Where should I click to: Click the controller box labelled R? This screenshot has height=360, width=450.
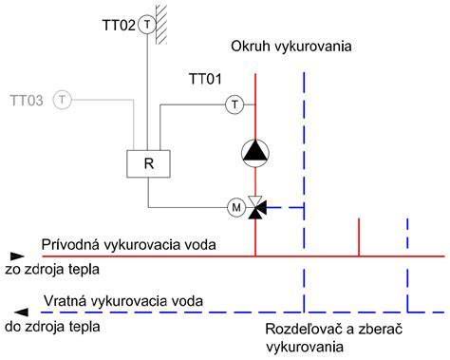[x=148, y=163]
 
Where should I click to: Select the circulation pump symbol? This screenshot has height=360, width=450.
[x=255, y=153]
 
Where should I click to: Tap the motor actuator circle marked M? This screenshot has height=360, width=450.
[x=236, y=207]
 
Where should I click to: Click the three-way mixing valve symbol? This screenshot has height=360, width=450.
[x=256, y=208]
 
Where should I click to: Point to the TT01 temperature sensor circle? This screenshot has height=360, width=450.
[x=234, y=104]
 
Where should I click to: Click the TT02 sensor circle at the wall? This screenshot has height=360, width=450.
[x=147, y=25]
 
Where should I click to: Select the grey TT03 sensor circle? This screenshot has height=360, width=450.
[x=63, y=100]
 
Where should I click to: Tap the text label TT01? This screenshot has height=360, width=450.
[x=205, y=79]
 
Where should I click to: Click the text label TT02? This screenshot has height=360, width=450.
[x=119, y=25]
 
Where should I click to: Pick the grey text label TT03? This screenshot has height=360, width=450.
[x=27, y=101]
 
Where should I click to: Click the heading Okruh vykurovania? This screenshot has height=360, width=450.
[x=291, y=47]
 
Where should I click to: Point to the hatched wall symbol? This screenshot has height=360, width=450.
[x=161, y=22]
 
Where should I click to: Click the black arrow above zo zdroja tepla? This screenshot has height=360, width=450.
[x=17, y=256]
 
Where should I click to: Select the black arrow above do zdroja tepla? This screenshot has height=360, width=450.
[x=21, y=313]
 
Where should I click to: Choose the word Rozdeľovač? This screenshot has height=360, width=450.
[x=305, y=329]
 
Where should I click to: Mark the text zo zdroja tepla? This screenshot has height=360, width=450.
[x=52, y=270]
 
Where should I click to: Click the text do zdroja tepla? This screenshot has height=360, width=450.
[x=52, y=327]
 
